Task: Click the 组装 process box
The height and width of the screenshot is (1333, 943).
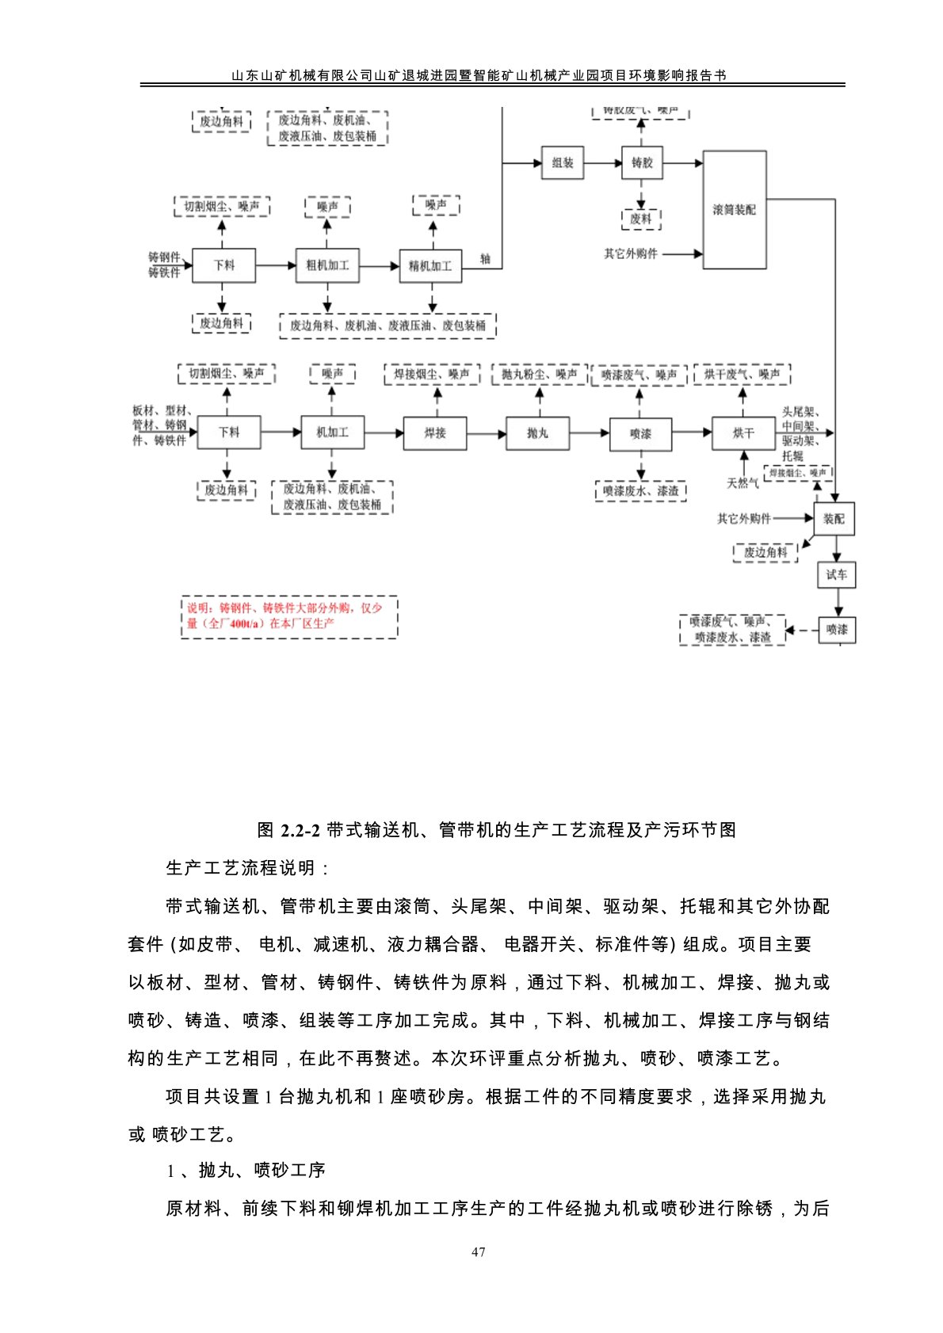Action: tap(562, 162)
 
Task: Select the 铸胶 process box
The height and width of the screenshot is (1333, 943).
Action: tap(642, 162)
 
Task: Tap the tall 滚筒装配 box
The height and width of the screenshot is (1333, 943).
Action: tap(735, 210)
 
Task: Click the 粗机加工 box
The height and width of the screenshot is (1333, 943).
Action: tap(326, 265)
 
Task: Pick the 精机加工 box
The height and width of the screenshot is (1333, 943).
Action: tap(430, 265)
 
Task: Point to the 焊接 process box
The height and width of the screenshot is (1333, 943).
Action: tap(435, 432)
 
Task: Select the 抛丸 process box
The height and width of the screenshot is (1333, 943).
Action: tap(537, 432)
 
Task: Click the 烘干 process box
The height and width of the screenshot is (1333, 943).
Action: tap(743, 432)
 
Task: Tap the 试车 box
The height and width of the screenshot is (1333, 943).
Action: tap(836, 574)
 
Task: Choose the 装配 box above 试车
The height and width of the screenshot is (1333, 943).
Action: tap(834, 519)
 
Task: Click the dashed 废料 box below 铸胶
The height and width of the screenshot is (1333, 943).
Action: tap(641, 219)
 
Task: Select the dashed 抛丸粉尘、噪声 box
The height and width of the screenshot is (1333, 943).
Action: tap(539, 374)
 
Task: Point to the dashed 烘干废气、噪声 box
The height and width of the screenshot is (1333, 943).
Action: tap(742, 374)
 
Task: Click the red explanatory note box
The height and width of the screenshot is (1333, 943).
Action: tap(289, 616)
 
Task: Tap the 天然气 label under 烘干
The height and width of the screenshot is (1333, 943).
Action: tap(743, 482)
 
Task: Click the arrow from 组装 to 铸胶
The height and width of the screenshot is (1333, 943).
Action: tap(602, 163)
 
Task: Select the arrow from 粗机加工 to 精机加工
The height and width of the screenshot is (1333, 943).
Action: tap(379, 266)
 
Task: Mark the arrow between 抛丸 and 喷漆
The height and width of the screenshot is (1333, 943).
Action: tap(589, 433)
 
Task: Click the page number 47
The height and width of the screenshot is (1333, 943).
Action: tap(478, 1252)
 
